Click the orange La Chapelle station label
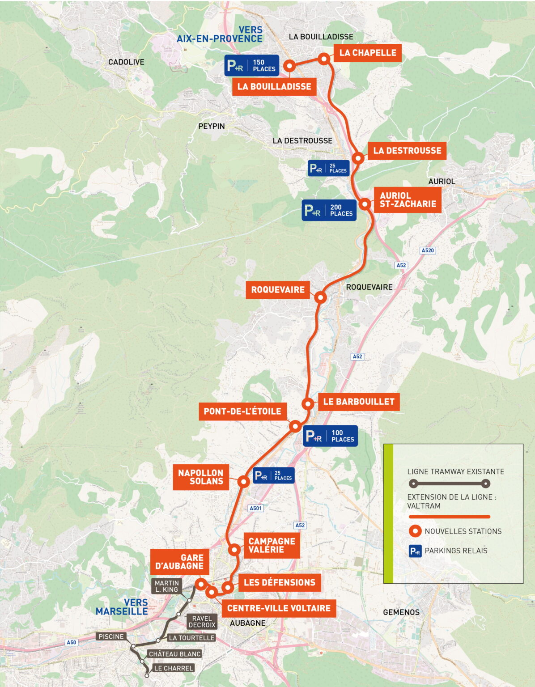[x=367, y=53]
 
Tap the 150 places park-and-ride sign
[x=252, y=66]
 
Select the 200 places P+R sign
[x=329, y=210]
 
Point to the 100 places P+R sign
[x=330, y=436]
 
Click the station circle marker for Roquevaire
[x=320, y=297]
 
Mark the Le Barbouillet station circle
[x=308, y=403]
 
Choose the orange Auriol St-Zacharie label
[x=407, y=200]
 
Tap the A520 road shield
[x=428, y=250]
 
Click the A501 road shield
[x=255, y=508]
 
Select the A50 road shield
[x=71, y=642]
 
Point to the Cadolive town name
[x=126, y=62]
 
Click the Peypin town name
[x=211, y=127]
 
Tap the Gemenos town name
[x=401, y=612]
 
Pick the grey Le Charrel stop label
[x=173, y=668]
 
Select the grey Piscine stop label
[x=111, y=636]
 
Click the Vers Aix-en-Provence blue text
[x=220, y=34]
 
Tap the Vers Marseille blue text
[x=122, y=607]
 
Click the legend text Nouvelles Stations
[x=463, y=531]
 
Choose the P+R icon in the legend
[x=416, y=551]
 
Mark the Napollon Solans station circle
[x=243, y=482]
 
